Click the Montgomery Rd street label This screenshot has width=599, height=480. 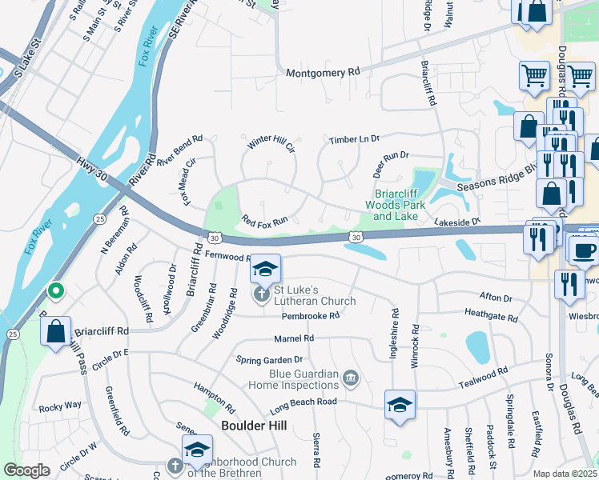pos(323,73)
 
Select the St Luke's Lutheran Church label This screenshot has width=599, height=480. pos(314,295)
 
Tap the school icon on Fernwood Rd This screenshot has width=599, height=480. pos(265,269)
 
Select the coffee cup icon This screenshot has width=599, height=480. pos(583,250)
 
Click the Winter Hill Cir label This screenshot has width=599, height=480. pos(271,143)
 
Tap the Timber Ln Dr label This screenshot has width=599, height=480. pos(354,140)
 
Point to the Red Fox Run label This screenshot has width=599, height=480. pos(264,219)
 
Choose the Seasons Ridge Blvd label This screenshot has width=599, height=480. pos(495,183)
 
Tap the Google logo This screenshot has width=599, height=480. pos(26,470)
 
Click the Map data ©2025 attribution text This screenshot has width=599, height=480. pos(564,474)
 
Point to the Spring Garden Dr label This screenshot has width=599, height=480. pos(269,360)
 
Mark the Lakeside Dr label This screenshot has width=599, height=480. pos(456,222)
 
